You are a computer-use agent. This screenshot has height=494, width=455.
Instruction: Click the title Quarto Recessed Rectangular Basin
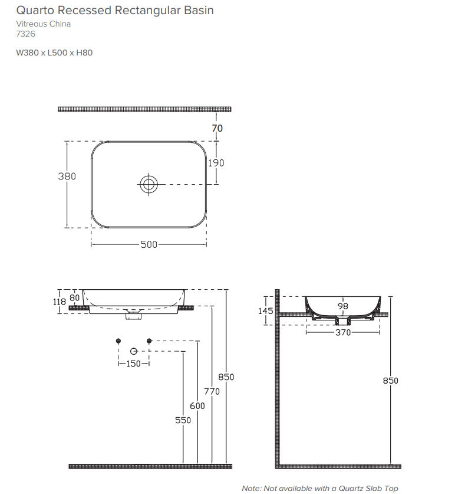pyautogui.click(x=115, y=11)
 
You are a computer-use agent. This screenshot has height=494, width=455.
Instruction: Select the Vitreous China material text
pyautogui.click(x=43, y=24)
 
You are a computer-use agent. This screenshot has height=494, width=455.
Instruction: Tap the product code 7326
pyautogui.click(x=25, y=34)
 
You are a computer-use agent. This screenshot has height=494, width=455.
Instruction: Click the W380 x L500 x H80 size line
pyautogui.click(x=54, y=53)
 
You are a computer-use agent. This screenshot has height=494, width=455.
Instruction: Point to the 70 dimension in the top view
pyautogui.click(x=217, y=128)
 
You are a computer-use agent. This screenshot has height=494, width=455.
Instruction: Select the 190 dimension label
pyautogui.click(x=216, y=163)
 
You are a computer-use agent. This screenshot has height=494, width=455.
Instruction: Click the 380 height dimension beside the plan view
pyautogui.click(x=67, y=176)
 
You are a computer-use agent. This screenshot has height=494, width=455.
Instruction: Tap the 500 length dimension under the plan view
pyautogui.click(x=149, y=244)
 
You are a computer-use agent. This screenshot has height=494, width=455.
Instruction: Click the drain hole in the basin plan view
pyautogui.click(x=149, y=184)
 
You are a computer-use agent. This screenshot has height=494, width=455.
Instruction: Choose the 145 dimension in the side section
pyautogui.click(x=266, y=311)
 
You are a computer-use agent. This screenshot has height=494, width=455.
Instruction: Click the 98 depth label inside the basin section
pyautogui.click(x=342, y=306)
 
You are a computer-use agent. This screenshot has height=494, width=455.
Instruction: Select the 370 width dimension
pyautogui.click(x=342, y=333)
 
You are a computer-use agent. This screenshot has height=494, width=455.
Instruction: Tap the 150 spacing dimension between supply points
pyautogui.click(x=134, y=364)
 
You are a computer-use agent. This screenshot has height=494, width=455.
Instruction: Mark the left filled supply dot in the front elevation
pyautogui.click(x=119, y=341)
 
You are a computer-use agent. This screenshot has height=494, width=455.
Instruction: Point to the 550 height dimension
pyautogui.click(x=183, y=420)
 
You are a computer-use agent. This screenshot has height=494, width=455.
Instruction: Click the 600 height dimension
pyautogui.click(x=197, y=406)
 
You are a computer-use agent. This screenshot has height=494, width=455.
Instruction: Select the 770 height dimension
pyautogui.click(x=212, y=391)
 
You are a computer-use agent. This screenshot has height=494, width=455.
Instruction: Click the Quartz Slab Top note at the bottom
pyautogui.click(x=319, y=488)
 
